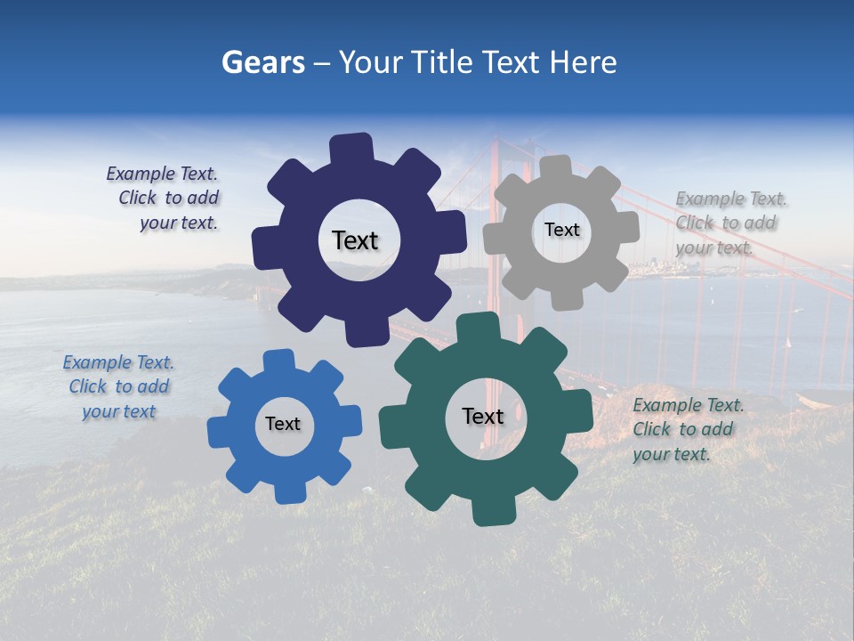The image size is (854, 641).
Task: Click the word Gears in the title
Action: click(x=263, y=62)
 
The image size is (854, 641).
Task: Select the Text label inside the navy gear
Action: click(x=355, y=240)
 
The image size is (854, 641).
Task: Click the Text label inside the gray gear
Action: click(x=561, y=230)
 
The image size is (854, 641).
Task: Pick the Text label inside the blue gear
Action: click(x=283, y=425)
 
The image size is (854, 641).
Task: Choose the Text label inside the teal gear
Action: click(x=483, y=417)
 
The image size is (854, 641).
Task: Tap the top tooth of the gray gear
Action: click(x=555, y=166)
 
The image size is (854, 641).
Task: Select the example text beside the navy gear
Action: click(x=164, y=199)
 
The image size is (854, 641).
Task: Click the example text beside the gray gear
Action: click(x=729, y=223)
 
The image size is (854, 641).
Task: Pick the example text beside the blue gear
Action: click(x=119, y=387)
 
